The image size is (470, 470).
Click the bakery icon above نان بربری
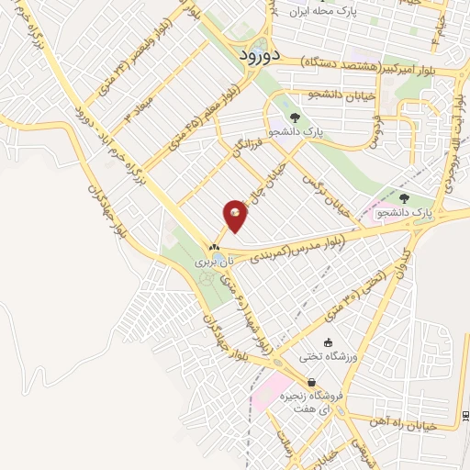(x=214, y=246)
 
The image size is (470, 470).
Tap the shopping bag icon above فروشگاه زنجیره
(x=313, y=382)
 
